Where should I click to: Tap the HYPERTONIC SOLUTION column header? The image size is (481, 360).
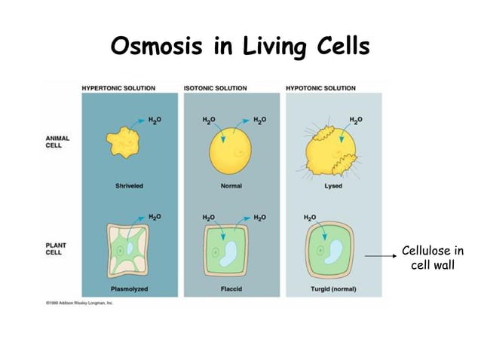118,88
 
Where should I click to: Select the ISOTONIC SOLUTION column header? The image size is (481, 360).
215,88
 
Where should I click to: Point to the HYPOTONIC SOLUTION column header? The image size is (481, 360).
321,88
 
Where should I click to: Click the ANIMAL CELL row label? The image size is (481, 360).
57,142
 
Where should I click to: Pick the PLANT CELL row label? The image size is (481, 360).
55,249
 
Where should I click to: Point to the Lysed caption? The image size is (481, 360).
332,187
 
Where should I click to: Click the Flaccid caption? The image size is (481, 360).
231,289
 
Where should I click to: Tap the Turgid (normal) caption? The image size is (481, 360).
332,289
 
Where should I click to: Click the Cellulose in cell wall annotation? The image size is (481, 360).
432,258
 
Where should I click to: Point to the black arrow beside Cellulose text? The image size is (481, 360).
381,257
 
